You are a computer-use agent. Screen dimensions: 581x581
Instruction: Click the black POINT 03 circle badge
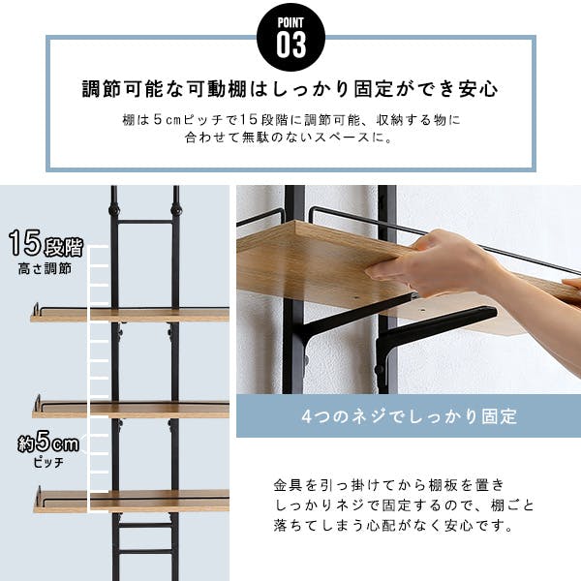pyautogui.click(x=290, y=35)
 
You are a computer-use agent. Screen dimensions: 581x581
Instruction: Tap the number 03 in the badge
pyautogui.click(x=290, y=44)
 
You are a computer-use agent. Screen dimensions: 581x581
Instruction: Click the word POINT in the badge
pyautogui.click(x=290, y=21)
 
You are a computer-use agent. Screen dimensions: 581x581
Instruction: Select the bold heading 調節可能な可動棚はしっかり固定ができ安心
pyautogui.click(x=290, y=90)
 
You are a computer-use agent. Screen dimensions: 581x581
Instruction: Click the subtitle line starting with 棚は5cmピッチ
pyautogui.click(x=290, y=121)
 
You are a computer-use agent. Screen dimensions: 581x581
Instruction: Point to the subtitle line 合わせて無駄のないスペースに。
pyautogui.click(x=290, y=138)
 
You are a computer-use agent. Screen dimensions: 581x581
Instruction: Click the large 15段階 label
pyautogui.click(x=46, y=243)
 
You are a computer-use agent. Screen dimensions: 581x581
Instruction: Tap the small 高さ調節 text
pyautogui.click(x=45, y=268)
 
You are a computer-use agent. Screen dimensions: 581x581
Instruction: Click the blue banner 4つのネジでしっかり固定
pyautogui.click(x=407, y=417)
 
